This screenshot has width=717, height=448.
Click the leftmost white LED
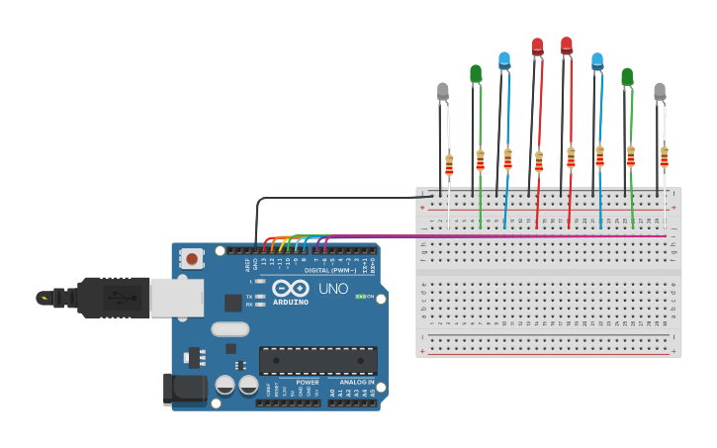[x=443, y=92]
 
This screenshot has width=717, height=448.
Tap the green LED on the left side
[x=476, y=73]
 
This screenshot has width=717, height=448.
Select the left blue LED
[x=504, y=60]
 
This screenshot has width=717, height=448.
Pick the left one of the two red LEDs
[x=537, y=46]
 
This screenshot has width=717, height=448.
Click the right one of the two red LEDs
[x=567, y=45]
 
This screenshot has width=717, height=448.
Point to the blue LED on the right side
[x=597, y=61]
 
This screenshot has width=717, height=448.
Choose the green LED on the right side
[x=627, y=76]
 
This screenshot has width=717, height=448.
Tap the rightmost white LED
[x=660, y=91]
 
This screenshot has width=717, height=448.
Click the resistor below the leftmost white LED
[x=449, y=164]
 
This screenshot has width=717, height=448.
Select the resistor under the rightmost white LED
[x=664, y=156]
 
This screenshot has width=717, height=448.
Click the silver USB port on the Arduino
[x=176, y=298]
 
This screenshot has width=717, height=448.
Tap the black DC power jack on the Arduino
[x=185, y=389]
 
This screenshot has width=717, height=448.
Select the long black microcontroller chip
[x=317, y=361]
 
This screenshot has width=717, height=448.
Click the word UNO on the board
[x=333, y=289]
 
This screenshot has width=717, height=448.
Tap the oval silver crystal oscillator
[x=229, y=330]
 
